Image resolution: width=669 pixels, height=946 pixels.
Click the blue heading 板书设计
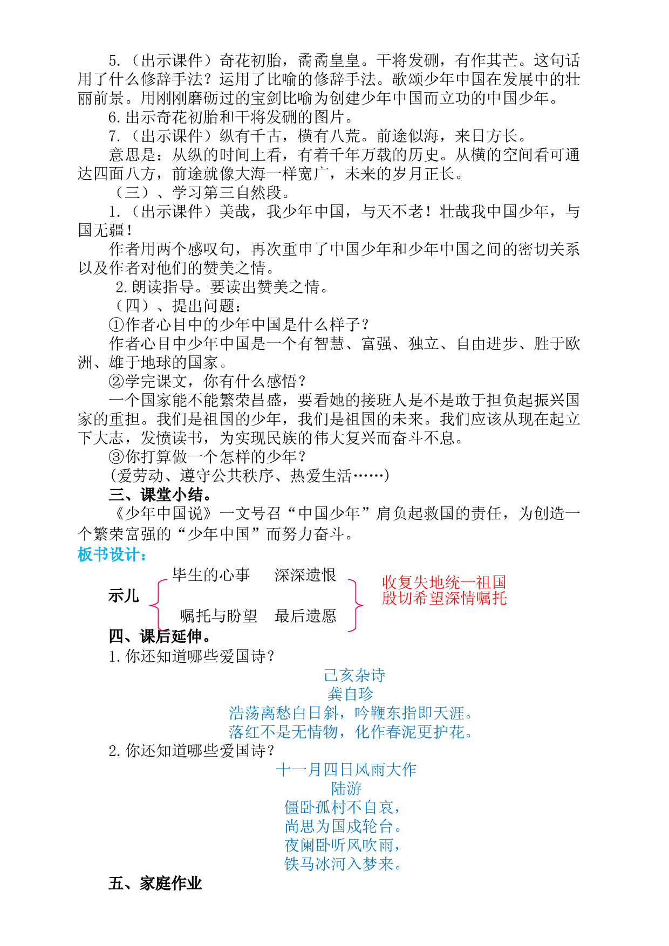pyautogui.click(x=112, y=554)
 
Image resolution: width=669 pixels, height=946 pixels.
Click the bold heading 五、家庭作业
pyautogui.click(x=155, y=883)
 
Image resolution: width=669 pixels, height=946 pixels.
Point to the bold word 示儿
pyautogui.click(x=124, y=596)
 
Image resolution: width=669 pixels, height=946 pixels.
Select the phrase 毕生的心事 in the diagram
pyautogui.click(x=211, y=575)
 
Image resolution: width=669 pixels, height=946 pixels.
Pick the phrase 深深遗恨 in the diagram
pyautogui.click(x=305, y=575)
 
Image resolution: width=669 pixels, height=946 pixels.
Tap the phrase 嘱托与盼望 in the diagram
pyautogui.click(x=219, y=616)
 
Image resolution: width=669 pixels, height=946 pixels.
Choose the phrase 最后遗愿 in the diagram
pyautogui.click(x=305, y=616)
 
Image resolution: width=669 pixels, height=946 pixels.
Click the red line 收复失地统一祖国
pyautogui.click(x=444, y=582)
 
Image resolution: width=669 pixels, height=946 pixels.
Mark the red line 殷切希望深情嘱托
pyautogui.click(x=444, y=598)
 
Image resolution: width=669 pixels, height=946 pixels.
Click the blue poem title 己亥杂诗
pyautogui.click(x=354, y=675)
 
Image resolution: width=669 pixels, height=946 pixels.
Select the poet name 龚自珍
pyautogui.click(x=350, y=694)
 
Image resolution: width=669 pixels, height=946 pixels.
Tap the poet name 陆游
pyautogui.click(x=346, y=789)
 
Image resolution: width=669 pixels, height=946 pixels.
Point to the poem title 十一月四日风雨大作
pyautogui.click(x=346, y=770)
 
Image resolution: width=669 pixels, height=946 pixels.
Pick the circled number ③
pyautogui.click(x=117, y=457)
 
